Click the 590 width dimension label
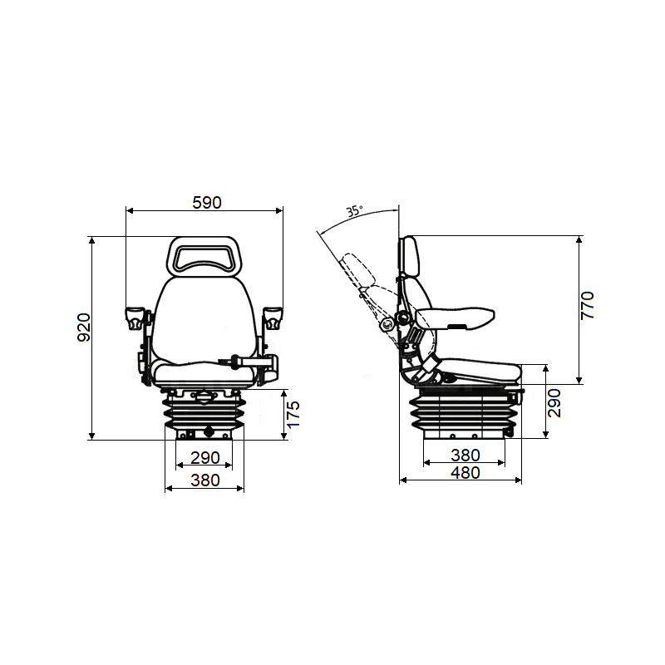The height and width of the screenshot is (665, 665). coord(207,202)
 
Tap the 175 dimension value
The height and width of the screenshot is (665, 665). coord(293,414)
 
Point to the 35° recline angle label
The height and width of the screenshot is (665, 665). coord(355,211)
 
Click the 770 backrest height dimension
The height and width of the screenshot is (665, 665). coord(588,306)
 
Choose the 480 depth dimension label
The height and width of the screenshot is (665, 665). coord(465,473)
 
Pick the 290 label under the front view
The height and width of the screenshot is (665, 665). coord(204,458)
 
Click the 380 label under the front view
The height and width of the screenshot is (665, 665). coord(204,480)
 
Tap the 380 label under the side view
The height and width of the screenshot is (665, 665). coord(465,455)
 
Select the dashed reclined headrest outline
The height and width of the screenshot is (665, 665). coord(357,269)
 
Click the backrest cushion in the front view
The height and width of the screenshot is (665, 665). coord(204,320)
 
